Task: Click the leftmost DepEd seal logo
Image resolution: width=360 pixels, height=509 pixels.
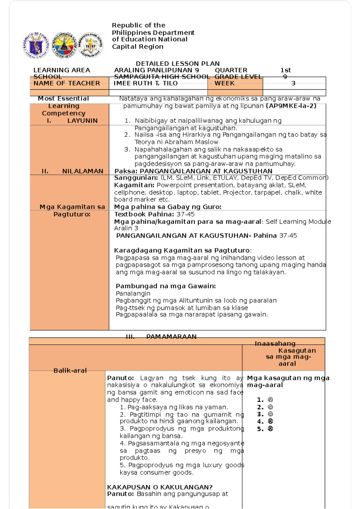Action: click(x=36, y=45)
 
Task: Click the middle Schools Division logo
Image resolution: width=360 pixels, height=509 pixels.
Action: click(x=64, y=45)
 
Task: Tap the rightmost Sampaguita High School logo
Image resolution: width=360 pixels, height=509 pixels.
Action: click(x=91, y=45)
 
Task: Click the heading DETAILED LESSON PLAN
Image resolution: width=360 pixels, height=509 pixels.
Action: click(x=178, y=64)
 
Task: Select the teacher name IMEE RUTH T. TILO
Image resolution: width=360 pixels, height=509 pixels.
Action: click(x=145, y=83)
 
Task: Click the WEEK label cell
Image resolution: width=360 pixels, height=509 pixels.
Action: click(x=224, y=83)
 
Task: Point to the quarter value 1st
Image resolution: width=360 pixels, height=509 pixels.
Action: click(x=285, y=70)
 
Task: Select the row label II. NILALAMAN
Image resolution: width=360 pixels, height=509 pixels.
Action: click(x=72, y=171)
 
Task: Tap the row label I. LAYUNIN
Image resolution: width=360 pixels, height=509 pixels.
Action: click(x=72, y=121)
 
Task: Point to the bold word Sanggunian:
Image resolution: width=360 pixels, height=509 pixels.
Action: click(x=136, y=178)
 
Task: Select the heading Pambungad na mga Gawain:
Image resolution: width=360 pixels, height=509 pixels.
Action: click(x=166, y=286)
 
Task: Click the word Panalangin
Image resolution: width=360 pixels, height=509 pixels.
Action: click(x=133, y=293)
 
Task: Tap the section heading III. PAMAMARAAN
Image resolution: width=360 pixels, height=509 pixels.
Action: click(x=161, y=337)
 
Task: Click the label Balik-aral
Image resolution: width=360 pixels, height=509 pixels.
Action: click(x=70, y=371)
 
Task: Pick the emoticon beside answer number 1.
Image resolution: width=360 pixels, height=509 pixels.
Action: click(x=270, y=400)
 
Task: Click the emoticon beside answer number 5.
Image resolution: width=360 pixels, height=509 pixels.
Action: click(x=270, y=429)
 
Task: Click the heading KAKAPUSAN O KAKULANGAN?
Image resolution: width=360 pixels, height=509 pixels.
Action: click(x=160, y=487)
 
